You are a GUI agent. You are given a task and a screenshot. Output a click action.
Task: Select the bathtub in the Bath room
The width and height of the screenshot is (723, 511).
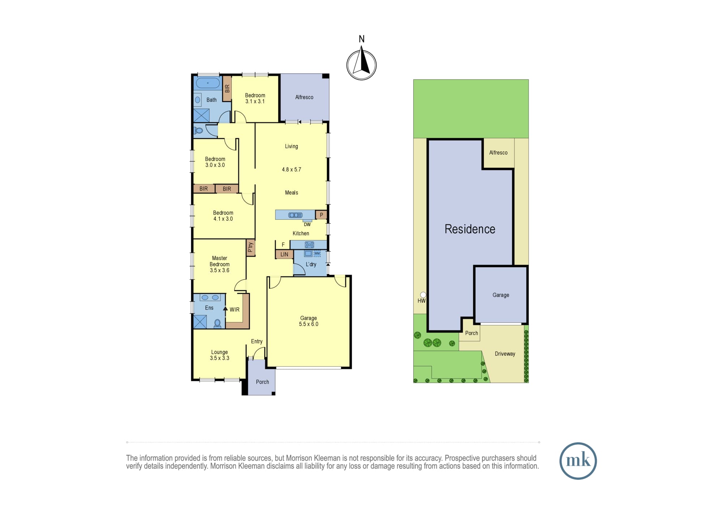[x=208, y=83]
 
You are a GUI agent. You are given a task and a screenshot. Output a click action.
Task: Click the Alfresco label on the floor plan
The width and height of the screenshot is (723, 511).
[x=304, y=97]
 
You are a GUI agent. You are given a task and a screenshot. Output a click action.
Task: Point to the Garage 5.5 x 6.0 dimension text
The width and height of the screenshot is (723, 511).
[x=308, y=324]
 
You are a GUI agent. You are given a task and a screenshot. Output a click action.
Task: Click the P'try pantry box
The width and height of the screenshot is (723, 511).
[x=251, y=248]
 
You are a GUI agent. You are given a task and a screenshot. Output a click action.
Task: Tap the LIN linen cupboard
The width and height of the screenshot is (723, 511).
[x=284, y=254]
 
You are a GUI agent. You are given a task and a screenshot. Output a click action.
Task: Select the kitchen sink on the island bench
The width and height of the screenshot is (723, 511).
[x=295, y=215]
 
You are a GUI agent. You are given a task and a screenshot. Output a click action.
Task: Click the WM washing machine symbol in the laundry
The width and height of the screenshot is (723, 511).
[x=317, y=253]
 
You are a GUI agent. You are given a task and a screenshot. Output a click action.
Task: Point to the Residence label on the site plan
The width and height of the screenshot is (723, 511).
[x=470, y=229]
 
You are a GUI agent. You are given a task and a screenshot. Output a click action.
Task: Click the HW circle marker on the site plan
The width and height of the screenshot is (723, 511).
[x=423, y=295]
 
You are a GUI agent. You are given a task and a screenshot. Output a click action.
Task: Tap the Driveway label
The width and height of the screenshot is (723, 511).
[x=505, y=354]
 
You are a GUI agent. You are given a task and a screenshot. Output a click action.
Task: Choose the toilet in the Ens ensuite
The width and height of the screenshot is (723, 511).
[x=217, y=323]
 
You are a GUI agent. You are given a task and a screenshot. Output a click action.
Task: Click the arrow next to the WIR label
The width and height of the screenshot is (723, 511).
[x=225, y=309]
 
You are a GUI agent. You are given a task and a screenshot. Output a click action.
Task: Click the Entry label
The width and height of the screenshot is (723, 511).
[x=257, y=342]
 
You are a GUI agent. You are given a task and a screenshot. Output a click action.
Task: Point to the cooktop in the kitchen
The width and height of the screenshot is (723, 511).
[x=309, y=245]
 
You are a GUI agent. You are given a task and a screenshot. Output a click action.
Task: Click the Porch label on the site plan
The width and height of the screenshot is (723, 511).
[x=471, y=333]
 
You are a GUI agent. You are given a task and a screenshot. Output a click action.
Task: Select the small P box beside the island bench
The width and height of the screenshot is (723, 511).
[x=321, y=215]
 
